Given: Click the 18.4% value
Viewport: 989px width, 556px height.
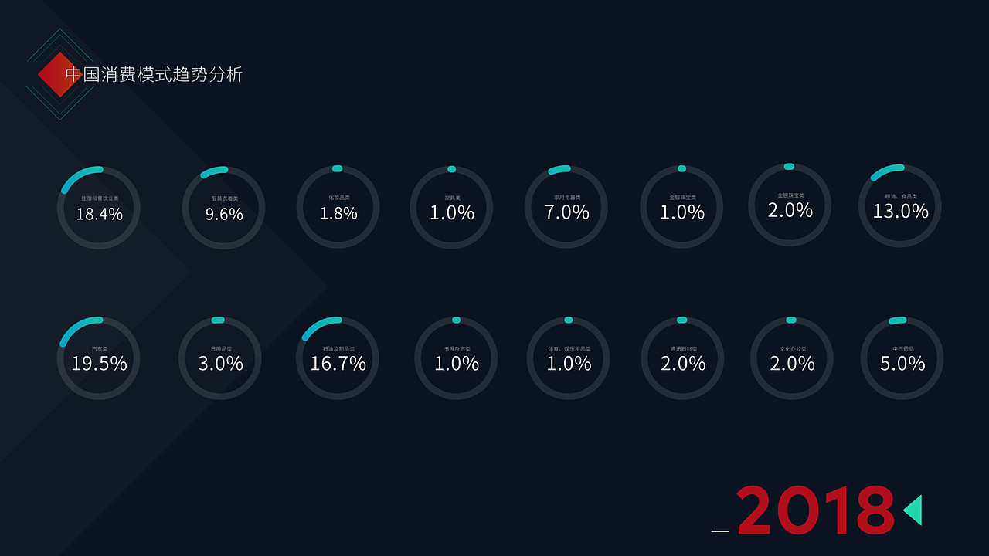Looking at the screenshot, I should [99, 215].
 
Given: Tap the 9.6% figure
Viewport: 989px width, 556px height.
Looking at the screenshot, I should [224, 215].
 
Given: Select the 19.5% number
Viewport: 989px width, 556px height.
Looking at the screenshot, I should [99, 364].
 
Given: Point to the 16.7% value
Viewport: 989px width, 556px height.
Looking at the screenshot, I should [338, 364].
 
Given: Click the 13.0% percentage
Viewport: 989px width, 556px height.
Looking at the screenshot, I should [900, 212].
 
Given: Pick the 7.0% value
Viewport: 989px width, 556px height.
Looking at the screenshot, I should [566, 212].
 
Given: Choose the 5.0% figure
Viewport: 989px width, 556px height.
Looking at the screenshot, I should [902, 364].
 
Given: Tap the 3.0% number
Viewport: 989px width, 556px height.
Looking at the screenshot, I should [220, 364].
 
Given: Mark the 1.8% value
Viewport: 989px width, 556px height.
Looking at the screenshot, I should [338, 213].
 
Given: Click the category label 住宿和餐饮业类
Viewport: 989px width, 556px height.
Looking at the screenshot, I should [100, 198].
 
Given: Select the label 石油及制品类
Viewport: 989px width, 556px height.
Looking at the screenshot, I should [338, 349].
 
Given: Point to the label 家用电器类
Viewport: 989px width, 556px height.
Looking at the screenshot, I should [567, 198].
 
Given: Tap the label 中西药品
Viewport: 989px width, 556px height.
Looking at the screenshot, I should [902, 349].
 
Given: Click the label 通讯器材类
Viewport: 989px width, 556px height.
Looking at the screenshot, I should [684, 349].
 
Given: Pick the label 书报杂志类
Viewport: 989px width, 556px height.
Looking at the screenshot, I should [457, 349].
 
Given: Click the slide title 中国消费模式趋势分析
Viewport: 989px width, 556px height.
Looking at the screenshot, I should [154, 75].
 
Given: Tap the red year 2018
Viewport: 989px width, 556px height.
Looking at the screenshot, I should [815, 510].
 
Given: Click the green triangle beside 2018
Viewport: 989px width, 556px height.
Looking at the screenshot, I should [913, 510].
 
